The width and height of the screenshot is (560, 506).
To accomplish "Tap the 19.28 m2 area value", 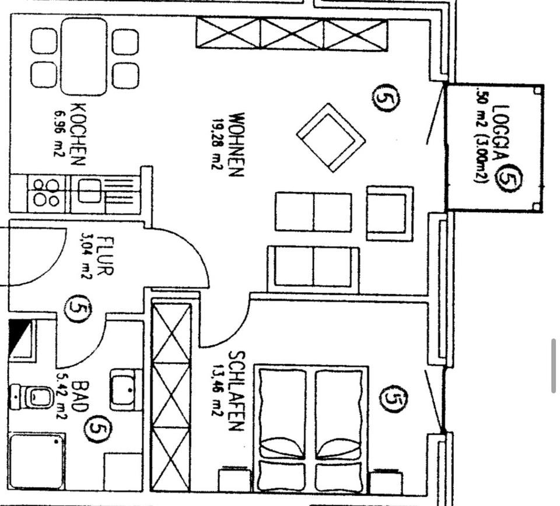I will [x=218, y=143].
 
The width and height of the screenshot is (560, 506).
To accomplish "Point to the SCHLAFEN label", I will [x=235, y=391].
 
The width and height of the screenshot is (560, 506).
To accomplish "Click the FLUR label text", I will [x=106, y=255].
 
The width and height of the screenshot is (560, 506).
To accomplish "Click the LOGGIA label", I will [x=501, y=133].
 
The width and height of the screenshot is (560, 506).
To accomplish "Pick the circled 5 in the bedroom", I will [x=394, y=398].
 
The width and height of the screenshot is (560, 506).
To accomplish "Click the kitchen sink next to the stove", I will [x=89, y=192].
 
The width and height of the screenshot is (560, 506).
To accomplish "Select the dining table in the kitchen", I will [x=85, y=57].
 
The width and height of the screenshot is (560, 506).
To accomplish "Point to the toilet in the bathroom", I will [x=34, y=397].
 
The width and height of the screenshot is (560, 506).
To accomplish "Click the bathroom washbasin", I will [x=125, y=389].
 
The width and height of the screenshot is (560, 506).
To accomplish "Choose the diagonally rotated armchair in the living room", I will [x=331, y=138].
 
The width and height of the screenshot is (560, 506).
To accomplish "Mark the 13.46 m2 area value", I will [x=217, y=391].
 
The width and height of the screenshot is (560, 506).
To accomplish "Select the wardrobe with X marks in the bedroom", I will [x=171, y=396].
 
